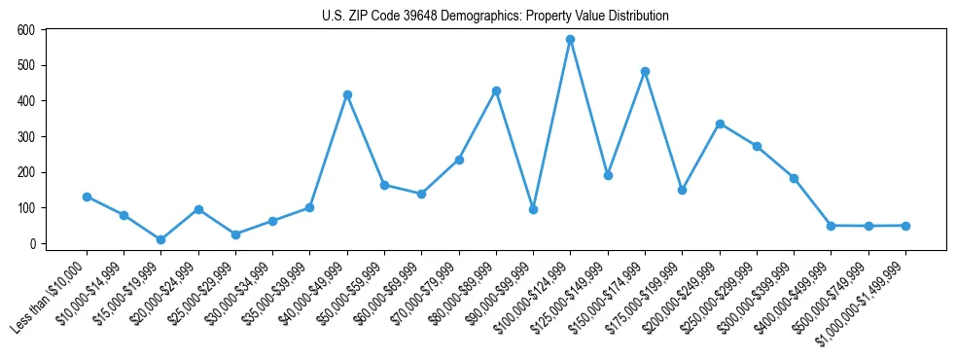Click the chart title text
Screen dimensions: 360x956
495,17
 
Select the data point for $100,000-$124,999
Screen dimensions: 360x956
571,40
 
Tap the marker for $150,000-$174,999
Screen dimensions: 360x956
645,71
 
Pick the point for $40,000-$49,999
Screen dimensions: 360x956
347,94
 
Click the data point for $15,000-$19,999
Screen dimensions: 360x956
161,239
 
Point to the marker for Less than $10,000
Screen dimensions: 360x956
87,197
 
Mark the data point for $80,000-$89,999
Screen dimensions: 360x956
496,90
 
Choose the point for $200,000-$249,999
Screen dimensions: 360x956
720,124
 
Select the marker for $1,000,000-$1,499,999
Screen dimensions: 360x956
905,226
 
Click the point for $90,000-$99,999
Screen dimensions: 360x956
533,209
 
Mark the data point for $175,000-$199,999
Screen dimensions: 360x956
683,190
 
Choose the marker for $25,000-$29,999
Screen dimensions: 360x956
235,234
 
